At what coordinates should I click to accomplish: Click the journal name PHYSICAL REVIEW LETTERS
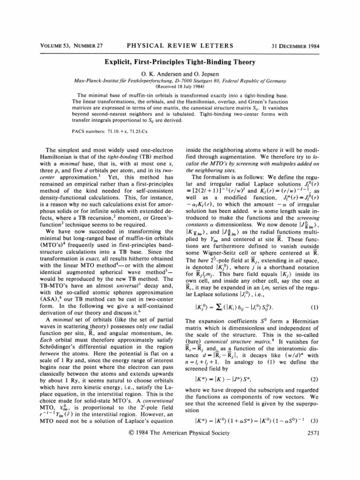[x=180, y=45]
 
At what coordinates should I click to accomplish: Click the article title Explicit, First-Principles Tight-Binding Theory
[x=180, y=61]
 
